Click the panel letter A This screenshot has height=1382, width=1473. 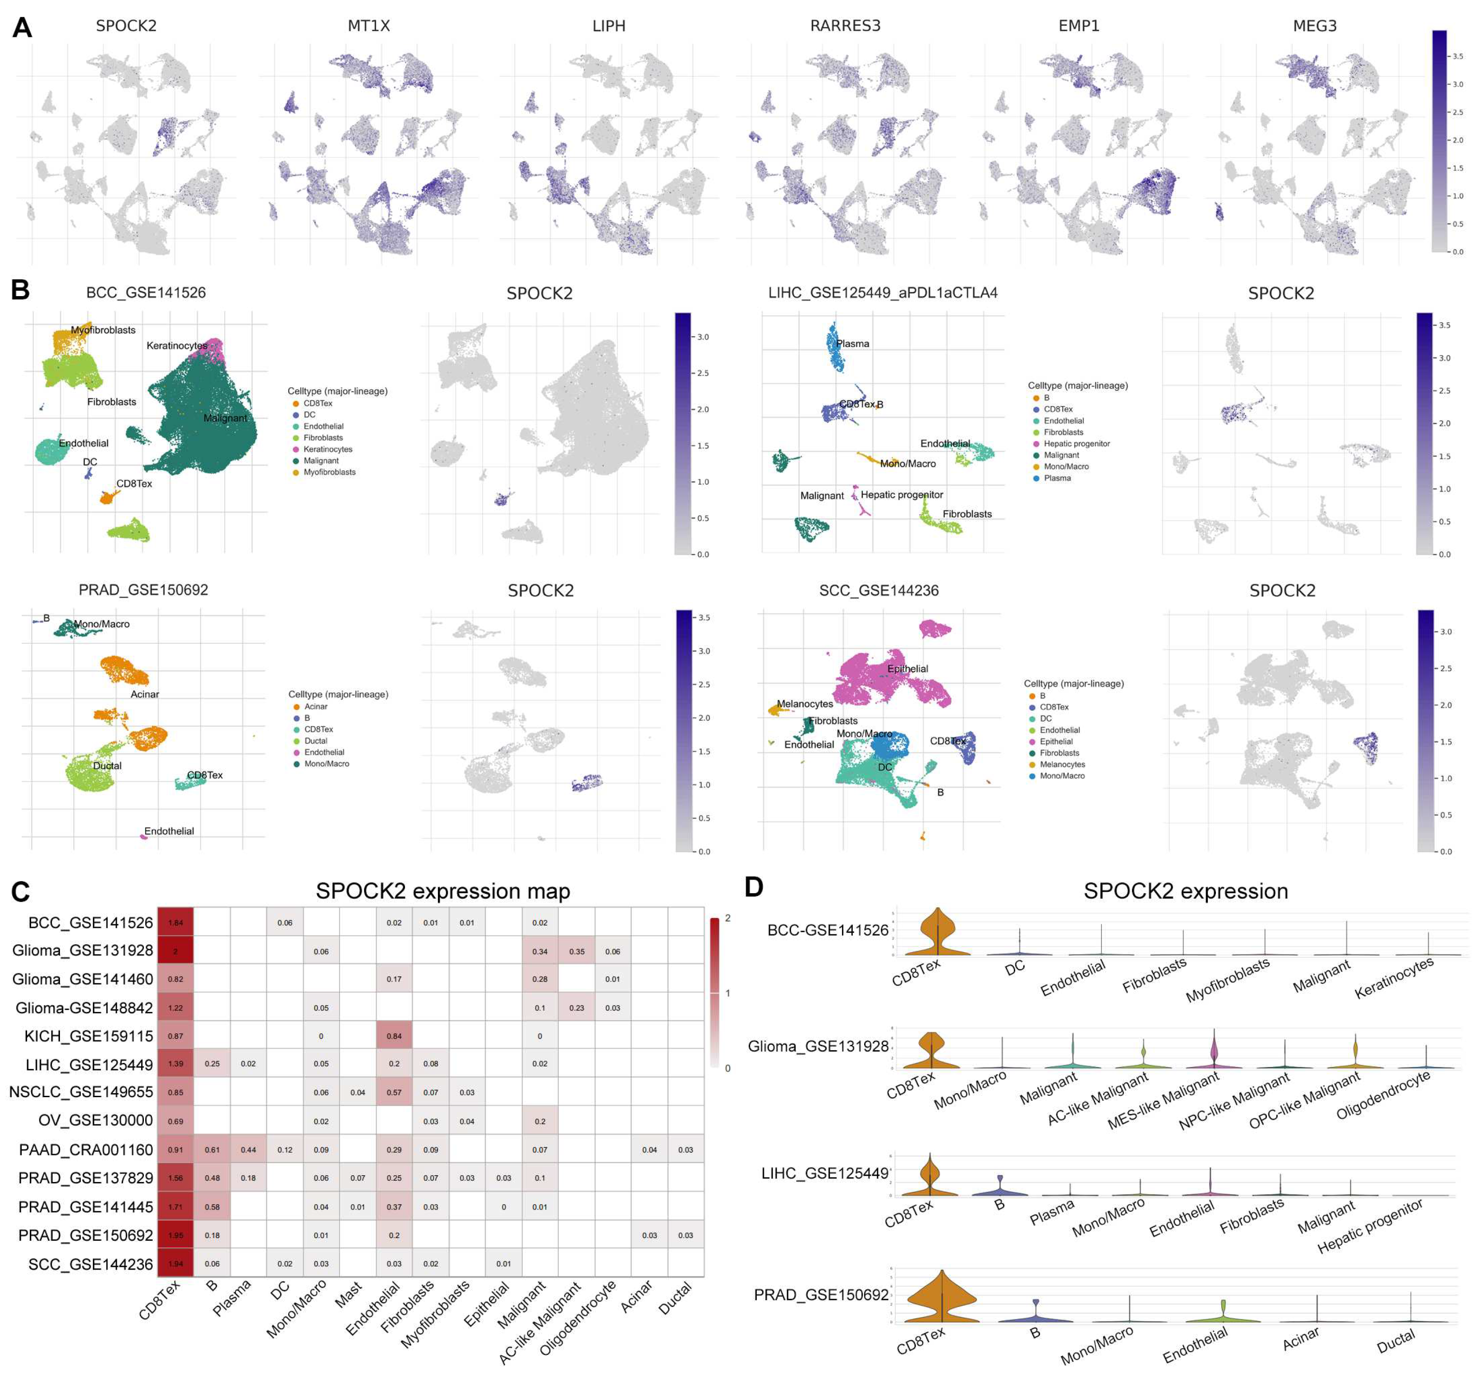pyautogui.click(x=22, y=28)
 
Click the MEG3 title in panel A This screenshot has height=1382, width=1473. pyautogui.click(x=1314, y=26)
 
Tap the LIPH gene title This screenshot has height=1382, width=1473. pyautogui.click(x=608, y=26)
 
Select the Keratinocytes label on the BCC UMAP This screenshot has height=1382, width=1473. pyautogui.click(x=176, y=346)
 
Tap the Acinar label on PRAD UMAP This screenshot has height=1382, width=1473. pyautogui.click(x=144, y=694)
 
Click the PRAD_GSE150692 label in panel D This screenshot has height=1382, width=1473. pyautogui.click(x=820, y=1294)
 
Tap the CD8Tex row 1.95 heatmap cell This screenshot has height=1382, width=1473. pyautogui.click(x=175, y=1235)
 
